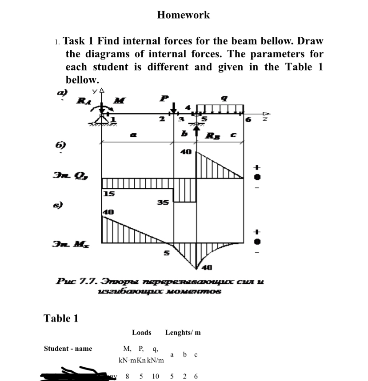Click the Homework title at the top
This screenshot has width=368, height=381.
point(183,15)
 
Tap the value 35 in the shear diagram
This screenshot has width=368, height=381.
point(163,202)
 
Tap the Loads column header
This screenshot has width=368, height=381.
point(141,333)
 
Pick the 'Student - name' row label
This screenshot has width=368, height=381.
point(68,349)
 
